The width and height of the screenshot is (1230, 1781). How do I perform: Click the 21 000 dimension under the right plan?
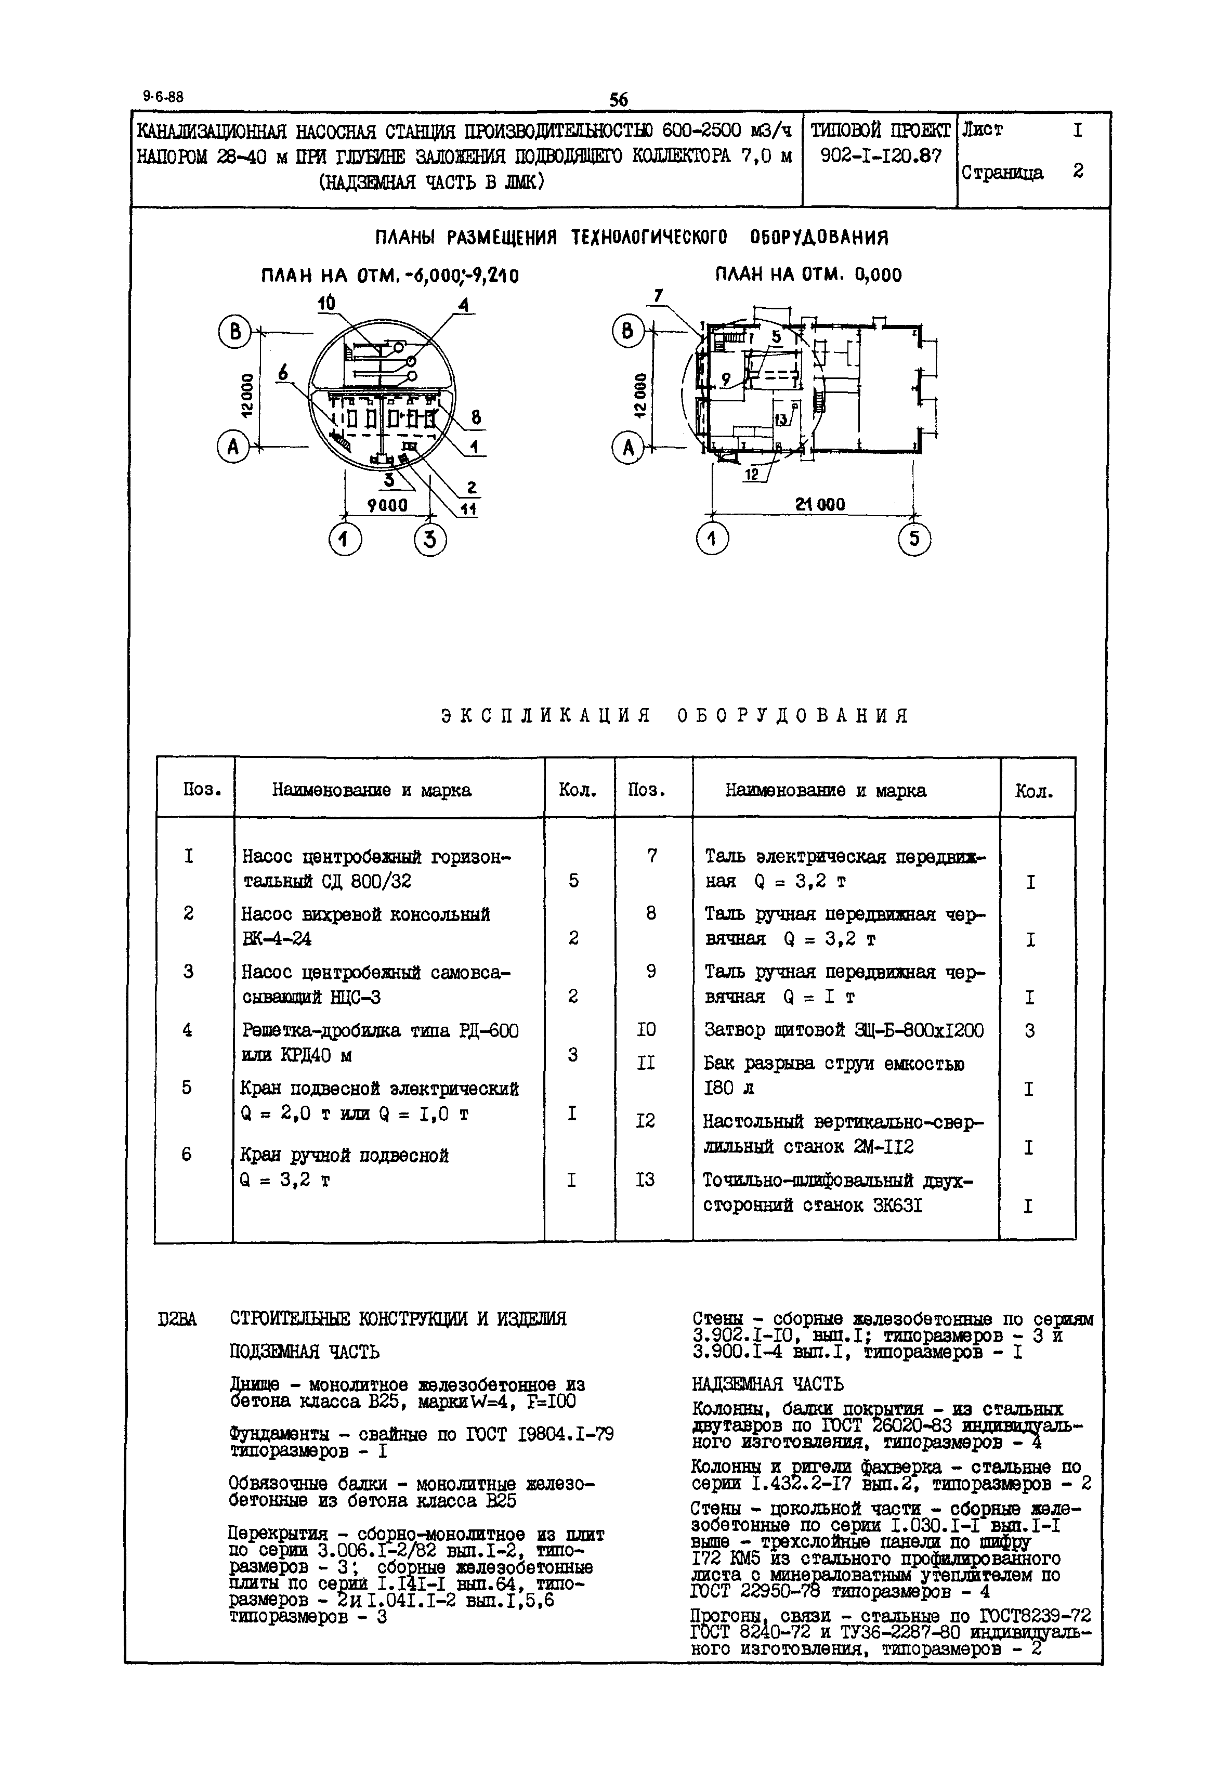point(820,504)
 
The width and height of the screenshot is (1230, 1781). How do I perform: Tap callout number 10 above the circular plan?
point(327,303)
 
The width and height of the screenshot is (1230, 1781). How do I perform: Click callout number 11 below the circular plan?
point(468,508)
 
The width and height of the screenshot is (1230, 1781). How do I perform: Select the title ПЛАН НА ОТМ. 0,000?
point(808,275)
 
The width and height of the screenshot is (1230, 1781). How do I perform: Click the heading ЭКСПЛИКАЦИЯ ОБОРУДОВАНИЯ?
point(675,716)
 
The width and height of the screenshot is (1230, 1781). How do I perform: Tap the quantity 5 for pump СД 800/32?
point(573,880)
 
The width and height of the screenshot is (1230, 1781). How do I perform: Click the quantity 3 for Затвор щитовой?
point(1030,1030)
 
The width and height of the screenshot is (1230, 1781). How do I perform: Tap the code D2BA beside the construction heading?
point(177,1319)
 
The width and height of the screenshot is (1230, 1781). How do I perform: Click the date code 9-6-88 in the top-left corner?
point(163,97)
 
